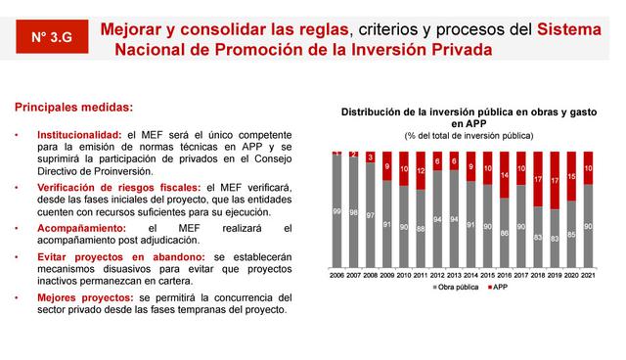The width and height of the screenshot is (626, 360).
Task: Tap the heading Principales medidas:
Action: pos(67,107)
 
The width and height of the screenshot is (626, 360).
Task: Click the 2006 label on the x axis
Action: pos(335,277)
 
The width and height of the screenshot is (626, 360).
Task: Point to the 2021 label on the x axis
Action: pos(588,277)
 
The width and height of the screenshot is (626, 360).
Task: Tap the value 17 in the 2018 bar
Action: pos(537,180)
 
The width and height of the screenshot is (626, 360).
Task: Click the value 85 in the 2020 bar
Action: pos(571,235)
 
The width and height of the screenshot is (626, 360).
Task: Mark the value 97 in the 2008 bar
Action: pos(369,214)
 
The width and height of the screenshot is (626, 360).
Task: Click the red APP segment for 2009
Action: pos(386,165)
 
